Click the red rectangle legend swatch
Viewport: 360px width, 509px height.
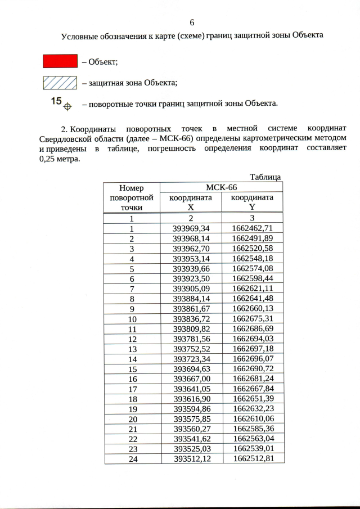tap(60, 61)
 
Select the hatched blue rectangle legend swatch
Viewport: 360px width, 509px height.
tap(60, 83)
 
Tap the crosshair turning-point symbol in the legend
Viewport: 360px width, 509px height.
tap(67, 105)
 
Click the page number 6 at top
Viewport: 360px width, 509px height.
tap(192, 22)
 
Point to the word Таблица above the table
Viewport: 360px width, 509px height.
tap(265, 177)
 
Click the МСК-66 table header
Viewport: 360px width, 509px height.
tap(222, 187)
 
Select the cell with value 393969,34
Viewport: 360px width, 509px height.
tap(191, 228)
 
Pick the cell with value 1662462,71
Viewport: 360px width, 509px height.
tap(252, 228)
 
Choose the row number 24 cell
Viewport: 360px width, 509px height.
tap(132, 458)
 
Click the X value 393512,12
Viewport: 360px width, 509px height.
tap(191, 458)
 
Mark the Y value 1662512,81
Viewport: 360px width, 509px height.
tap(252, 458)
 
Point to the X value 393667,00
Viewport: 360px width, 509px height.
tap(191, 379)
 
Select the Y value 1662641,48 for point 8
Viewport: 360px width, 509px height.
tap(252, 299)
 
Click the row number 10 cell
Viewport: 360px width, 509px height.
tap(132, 319)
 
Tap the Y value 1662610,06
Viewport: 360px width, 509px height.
tap(252, 418)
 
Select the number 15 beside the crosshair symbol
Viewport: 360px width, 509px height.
tap(56, 101)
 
